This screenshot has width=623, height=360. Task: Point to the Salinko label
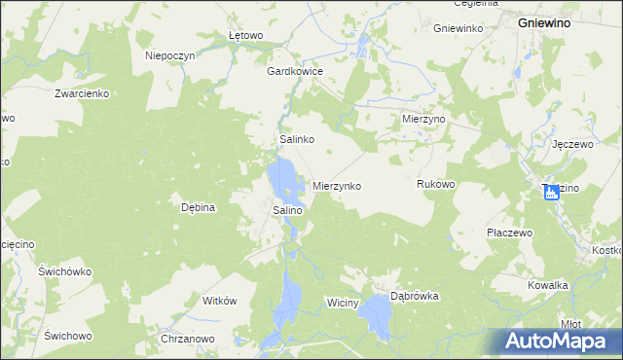[296, 140]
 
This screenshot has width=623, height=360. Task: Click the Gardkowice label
[295, 71]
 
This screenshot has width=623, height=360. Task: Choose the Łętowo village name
[246, 36]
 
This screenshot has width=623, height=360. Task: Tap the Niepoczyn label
[170, 56]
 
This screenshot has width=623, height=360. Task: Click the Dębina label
[198, 207]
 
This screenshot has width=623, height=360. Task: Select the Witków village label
[220, 301]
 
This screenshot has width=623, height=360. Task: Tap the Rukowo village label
[436, 184]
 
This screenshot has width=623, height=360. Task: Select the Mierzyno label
[423, 117]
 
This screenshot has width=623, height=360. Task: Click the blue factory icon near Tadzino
[552, 192]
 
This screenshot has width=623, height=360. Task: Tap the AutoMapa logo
[560, 341]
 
